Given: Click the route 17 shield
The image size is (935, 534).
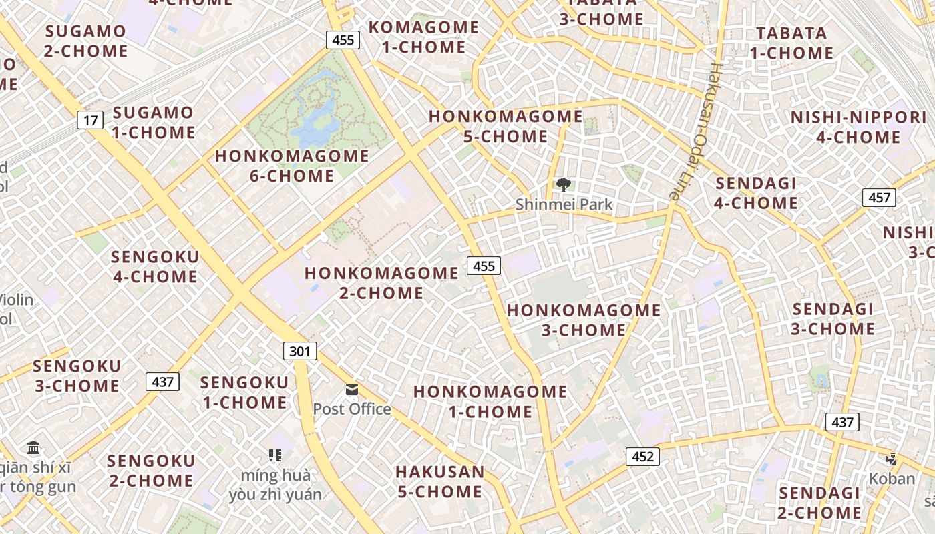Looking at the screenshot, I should (x=90, y=121).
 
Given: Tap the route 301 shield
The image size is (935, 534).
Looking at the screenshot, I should (x=300, y=351).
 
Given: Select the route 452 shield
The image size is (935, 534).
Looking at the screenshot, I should (x=642, y=457).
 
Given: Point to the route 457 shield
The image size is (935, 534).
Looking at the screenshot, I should (x=879, y=198).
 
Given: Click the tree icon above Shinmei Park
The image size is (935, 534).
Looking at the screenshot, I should (x=564, y=185).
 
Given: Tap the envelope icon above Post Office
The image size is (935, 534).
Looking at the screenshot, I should (x=352, y=390).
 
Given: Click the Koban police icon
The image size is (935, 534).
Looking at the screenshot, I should (x=891, y=459).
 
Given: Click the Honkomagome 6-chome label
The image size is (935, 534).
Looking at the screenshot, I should (x=292, y=166).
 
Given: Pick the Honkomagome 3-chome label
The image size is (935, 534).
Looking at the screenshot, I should (x=583, y=320).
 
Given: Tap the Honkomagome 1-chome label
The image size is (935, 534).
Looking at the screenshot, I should (x=490, y=401).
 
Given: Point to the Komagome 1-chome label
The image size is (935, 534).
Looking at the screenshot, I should (x=424, y=37).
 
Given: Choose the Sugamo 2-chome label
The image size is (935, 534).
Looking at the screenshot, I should (x=85, y=41).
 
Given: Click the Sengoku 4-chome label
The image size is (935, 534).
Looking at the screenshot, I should (x=155, y=267).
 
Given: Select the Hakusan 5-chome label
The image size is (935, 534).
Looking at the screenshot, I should (x=439, y=481).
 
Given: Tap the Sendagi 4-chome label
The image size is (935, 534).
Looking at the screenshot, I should (x=756, y=193).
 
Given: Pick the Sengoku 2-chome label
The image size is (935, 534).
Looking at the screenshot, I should (x=150, y=471).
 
